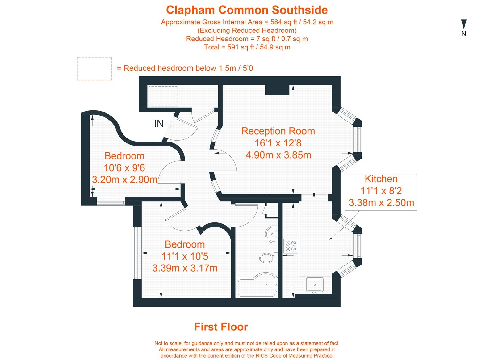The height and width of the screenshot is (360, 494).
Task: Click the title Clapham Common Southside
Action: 247,10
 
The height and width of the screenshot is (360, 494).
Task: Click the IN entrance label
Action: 159,124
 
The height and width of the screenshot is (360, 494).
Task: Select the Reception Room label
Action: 278,131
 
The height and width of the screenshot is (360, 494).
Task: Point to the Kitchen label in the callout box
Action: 381,179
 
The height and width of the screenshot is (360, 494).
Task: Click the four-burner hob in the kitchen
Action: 291,246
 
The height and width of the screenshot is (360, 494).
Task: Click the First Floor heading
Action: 221,327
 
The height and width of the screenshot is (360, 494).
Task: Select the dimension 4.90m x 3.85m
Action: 278,155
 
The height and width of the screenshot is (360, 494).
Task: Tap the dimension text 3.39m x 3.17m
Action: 185,268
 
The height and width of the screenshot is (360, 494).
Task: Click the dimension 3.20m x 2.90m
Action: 125,180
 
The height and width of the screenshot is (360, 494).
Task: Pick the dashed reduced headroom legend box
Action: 94,69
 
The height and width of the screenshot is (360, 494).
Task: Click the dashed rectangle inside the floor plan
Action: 163,96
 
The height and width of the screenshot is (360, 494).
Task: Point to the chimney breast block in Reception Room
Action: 277,90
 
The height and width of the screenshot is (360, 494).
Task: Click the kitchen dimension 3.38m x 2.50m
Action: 381,203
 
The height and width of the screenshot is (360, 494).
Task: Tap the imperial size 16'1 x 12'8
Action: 278,143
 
